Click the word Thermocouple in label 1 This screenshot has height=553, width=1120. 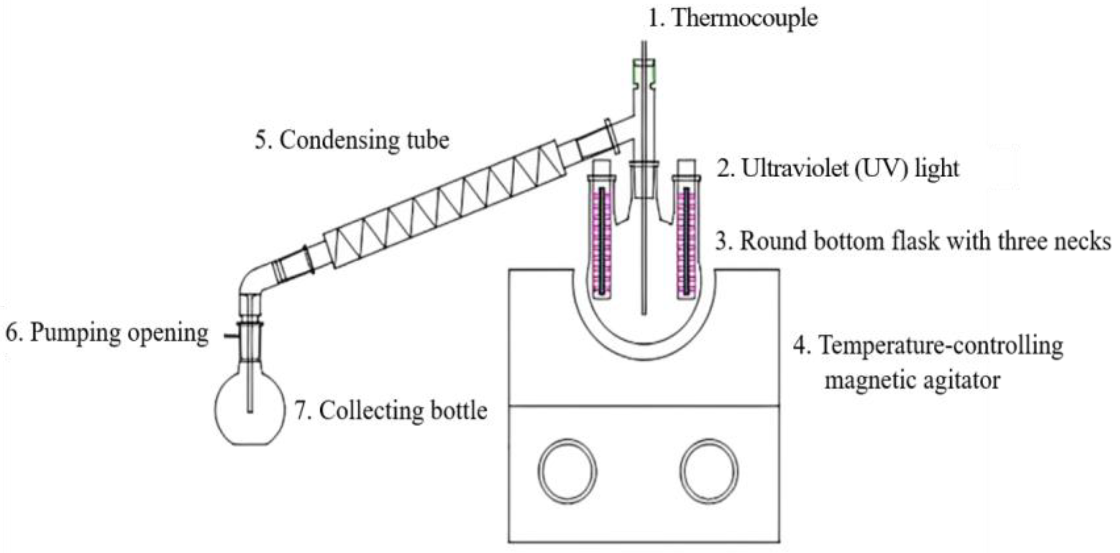click(x=744, y=18)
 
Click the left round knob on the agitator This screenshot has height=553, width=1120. click(x=567, y=471)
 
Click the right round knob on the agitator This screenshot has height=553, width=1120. click(x=709, y=471)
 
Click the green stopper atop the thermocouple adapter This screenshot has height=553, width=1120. click(x=644, y=72)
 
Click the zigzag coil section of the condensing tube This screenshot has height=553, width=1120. click(x=443, y=206)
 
